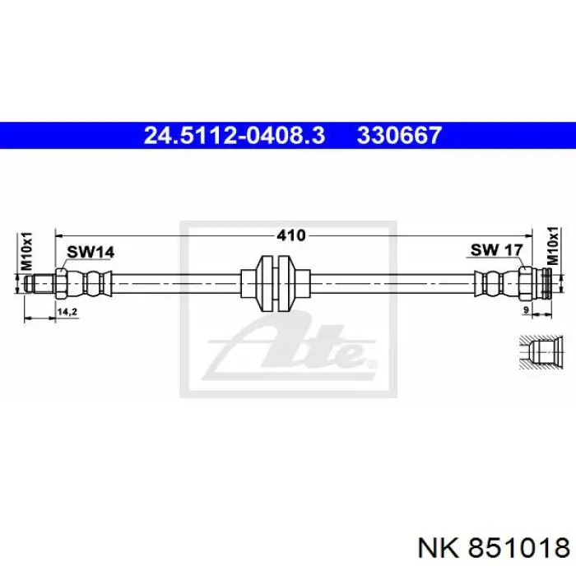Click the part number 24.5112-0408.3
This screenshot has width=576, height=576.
[235, 135]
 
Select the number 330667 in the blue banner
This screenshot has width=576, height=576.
[398, 135]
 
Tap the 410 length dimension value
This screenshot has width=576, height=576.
[291, 235]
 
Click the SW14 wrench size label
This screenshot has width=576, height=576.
[91, 252]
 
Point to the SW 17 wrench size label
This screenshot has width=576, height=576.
[496, 250]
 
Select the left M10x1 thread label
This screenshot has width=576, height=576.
[27, 251]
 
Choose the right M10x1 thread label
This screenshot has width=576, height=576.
[552, 245]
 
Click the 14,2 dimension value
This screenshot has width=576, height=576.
[67, 312]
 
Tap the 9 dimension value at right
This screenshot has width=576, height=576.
[526, 310]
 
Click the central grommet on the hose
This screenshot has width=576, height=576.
[276, 283]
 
